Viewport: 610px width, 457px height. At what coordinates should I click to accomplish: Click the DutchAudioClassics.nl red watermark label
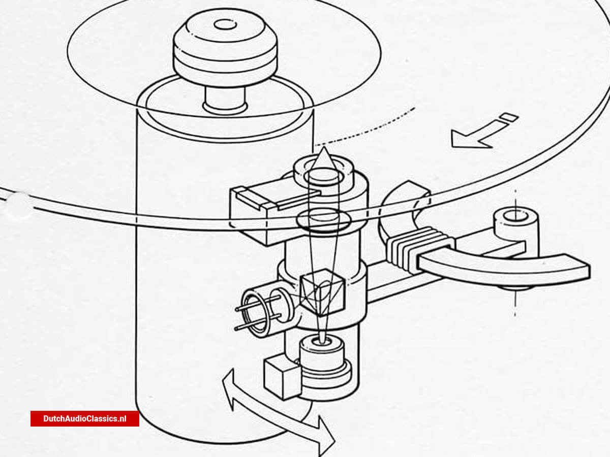coord(85,418)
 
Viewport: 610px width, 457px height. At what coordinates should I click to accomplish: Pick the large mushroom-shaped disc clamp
coord(225,46)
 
